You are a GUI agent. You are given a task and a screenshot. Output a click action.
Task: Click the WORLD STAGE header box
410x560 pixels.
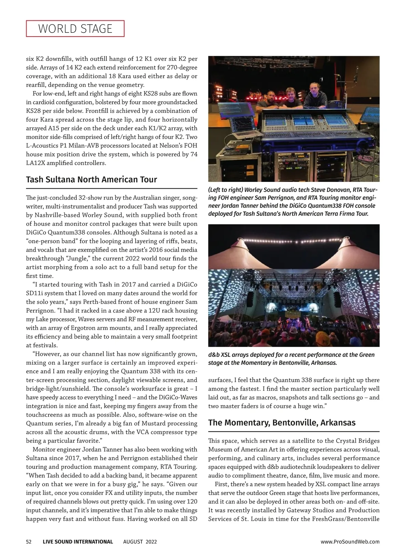point(75,29)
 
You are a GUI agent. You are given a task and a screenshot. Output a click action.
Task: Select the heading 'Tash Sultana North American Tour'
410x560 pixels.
point(92,179)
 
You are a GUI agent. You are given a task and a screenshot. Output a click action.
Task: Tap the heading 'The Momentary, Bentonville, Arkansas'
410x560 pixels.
point(282,423)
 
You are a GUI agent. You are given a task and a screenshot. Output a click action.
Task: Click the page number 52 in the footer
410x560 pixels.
point(29,542)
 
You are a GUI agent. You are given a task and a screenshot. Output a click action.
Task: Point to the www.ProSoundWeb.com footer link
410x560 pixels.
point(350,542)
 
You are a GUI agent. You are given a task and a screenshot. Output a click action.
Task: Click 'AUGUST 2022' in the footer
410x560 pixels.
point(140,542)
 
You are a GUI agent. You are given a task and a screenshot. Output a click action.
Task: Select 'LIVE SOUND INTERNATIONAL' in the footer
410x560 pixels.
point(78,542)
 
